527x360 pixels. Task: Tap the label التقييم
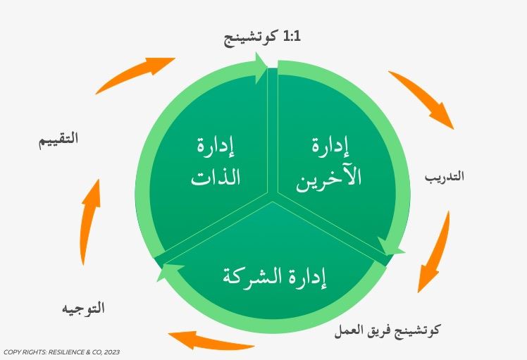tap(58, 139)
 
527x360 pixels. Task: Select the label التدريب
tap(445, 176)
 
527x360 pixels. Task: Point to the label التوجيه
tap(83, 308)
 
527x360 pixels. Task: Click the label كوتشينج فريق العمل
tap(387, 330)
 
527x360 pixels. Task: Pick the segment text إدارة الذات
tap(216, 163)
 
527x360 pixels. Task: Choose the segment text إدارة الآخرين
tap(329, 164)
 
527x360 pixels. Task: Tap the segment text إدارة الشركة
tap(274, 278)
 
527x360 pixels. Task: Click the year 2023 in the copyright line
tap(112, 352)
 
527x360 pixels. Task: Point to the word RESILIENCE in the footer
tap(65, 352)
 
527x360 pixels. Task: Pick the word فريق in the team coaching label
tap(372, 330)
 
